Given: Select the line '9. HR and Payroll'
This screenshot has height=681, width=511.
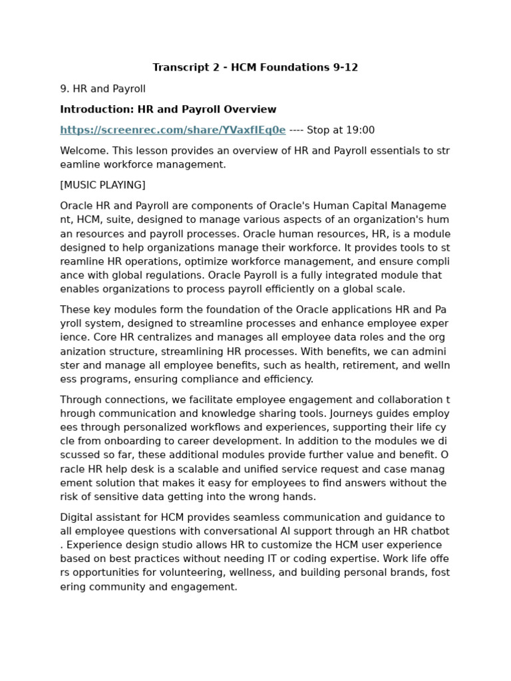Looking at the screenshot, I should [x=102, y=89].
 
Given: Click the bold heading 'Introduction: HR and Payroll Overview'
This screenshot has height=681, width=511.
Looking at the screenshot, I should [x=168, y=110].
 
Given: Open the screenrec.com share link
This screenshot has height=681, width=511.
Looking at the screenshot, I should [x=172, y=130].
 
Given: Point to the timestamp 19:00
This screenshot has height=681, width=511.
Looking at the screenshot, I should [x=360, y=130].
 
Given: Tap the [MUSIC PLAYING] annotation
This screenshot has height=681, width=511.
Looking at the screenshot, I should [x=102, y=185].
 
